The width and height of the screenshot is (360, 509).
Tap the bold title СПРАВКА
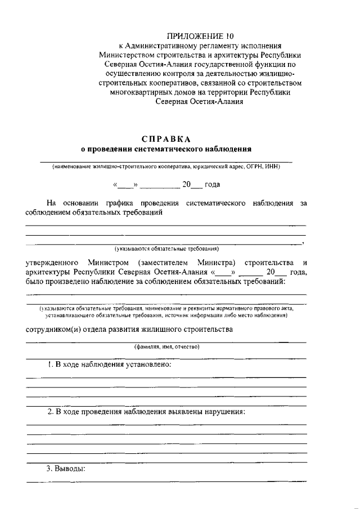166,138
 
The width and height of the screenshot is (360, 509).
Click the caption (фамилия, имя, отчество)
166,347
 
